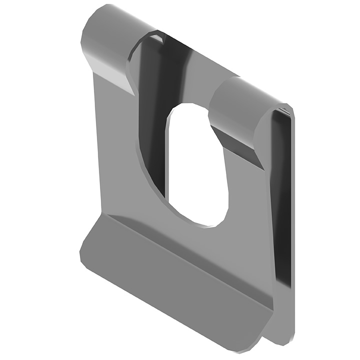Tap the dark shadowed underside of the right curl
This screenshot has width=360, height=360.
coord(240,142)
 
